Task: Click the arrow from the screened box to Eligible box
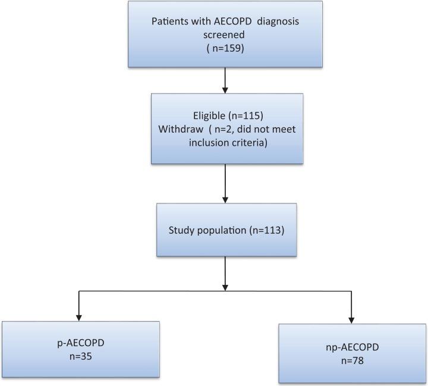click(x=225, y=80)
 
